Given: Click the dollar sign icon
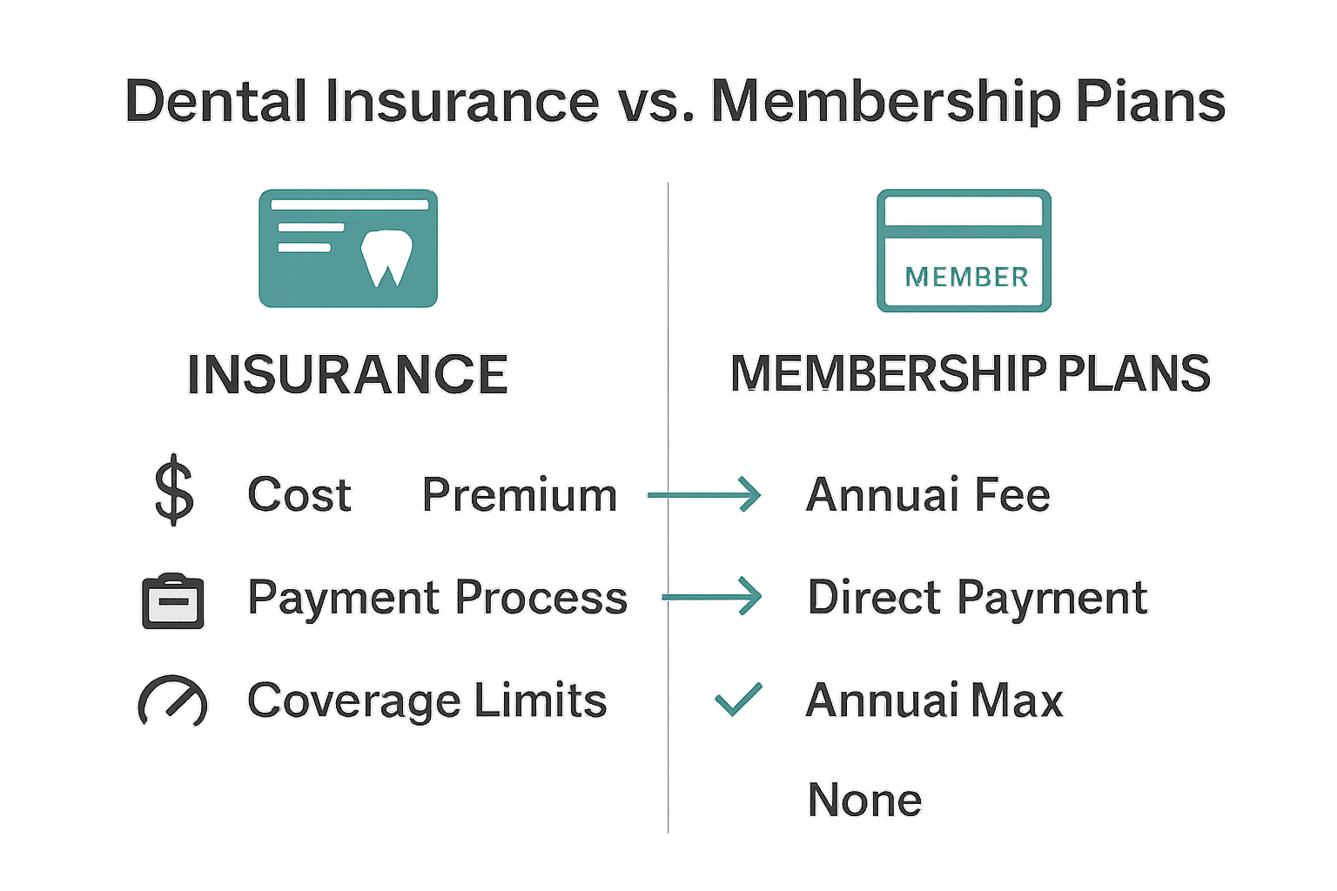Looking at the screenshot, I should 174,492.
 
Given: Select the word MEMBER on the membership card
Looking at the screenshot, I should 966,278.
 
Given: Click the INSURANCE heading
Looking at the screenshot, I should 347,375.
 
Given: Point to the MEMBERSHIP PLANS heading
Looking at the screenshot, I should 970,374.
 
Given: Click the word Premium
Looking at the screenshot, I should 520,495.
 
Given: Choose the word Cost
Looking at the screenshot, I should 299,495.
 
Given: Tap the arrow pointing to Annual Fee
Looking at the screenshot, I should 704,495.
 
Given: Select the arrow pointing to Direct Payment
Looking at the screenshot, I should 711,597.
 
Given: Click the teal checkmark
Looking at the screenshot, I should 738,699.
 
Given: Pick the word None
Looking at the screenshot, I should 864,800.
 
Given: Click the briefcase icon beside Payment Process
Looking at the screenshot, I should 173,601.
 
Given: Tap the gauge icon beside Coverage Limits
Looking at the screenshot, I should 172,700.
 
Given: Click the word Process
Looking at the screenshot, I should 541,598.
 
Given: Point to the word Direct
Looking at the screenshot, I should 875,598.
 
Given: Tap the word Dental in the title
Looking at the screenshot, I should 216,101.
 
